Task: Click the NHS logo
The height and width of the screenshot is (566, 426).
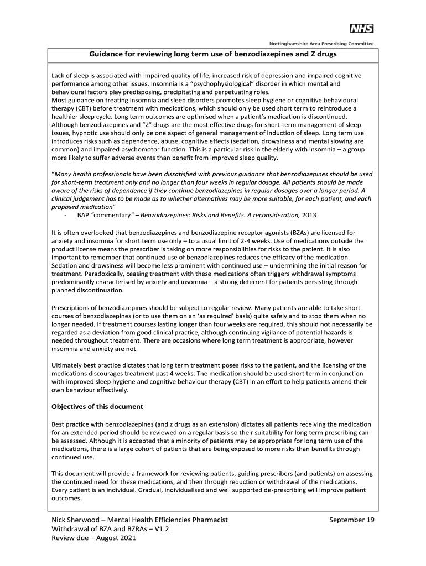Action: click(361, 29)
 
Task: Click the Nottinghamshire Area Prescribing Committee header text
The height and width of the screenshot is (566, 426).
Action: click(321, 43)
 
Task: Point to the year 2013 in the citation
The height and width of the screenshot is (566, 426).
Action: click(307, 214)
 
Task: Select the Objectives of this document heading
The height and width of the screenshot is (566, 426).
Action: click(97, 407)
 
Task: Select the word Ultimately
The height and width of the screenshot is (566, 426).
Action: click(69, 365)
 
